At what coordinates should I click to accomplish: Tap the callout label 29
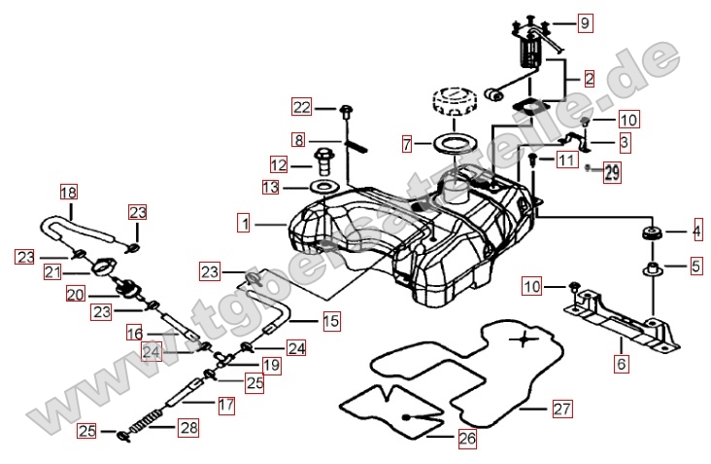tap(611, 174)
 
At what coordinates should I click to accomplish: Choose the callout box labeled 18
tap(67, 192)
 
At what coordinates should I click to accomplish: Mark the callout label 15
tap(331, 320)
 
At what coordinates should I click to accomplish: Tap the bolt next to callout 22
tap(345, 109)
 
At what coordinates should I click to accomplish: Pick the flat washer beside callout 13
tap(324, 185)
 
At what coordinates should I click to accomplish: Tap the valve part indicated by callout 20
tap(125, 289)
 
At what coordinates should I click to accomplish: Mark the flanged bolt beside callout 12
tap(322, 160)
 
